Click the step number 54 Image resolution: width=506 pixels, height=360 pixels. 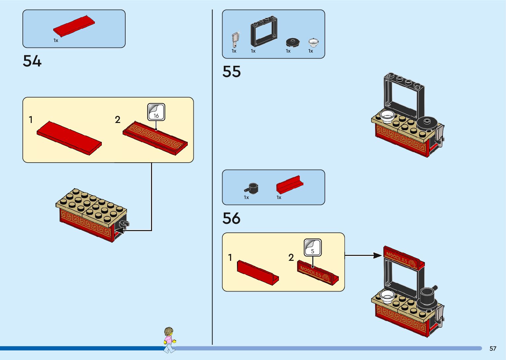coord(32,61)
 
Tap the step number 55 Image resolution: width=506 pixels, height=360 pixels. coord(231,71)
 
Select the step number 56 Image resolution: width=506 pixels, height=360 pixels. coord(231,218)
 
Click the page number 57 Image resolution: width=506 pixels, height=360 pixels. coord(493,348)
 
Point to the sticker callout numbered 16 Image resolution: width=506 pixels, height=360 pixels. coord(156,112)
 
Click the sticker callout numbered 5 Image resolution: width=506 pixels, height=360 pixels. coord(313,248)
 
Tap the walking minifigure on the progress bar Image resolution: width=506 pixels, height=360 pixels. coord(169,340)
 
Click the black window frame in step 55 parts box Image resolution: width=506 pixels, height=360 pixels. coord(263,31)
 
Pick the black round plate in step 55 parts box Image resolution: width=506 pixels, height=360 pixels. coord(292,42)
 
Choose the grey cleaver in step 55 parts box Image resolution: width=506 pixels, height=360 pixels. coord(235,40)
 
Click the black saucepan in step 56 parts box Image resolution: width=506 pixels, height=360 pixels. coord(252,188)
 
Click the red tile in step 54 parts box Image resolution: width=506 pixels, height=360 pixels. coord(74,25)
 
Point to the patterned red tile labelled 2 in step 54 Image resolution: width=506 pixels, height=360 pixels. coord(155,138)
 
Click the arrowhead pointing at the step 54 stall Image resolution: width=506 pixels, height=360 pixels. coord(119,230)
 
